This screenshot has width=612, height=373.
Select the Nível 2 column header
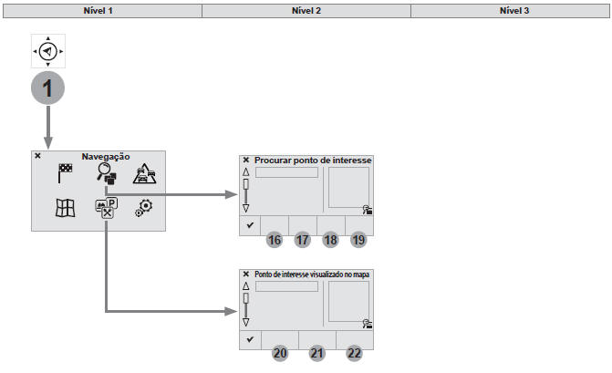point(306,10)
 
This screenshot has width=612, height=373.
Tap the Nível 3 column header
point(510,10)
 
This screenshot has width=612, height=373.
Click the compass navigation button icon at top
point(48,53)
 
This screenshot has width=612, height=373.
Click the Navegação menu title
point(106,157)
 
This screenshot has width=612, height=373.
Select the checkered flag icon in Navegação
point(66,174)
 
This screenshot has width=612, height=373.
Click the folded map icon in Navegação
point(66,208)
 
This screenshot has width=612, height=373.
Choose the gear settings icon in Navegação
point(144,207)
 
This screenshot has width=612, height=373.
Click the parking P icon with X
point(105,208)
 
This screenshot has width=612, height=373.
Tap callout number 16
point(274,241)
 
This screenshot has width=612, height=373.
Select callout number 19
point(358,241)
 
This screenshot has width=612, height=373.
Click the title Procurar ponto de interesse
point(312,160)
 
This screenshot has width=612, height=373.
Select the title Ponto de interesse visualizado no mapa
point(312,274)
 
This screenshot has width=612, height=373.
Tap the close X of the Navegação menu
point(37,156)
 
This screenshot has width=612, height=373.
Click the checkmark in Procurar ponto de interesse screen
point(249,224)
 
